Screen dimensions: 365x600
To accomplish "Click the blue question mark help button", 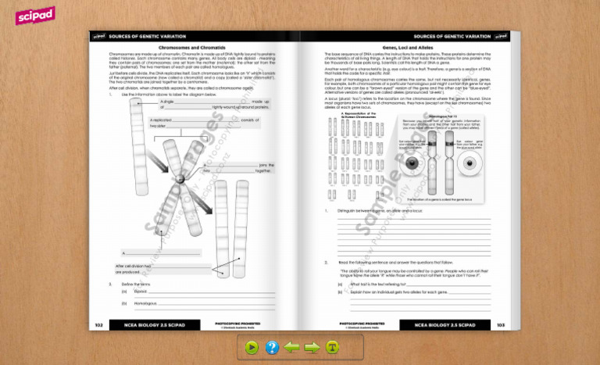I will [x=272, y=347].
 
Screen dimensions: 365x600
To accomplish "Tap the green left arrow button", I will [x=292, y=347].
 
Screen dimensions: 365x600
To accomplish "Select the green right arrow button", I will [x=312, y=347].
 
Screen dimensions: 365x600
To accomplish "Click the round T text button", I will [x=332, y=347].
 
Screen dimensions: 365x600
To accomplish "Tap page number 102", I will [x=98, y=324].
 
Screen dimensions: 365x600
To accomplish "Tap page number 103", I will [x=501, y=324].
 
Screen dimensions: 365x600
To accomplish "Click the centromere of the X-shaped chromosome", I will [x=180, y=180].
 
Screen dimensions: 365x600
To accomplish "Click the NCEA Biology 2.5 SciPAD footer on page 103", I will [x=445, y=324].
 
